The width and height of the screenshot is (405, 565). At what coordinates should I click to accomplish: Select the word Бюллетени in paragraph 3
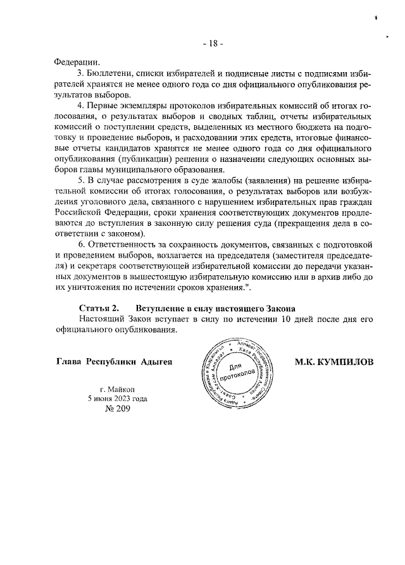[x=109, y=74]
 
